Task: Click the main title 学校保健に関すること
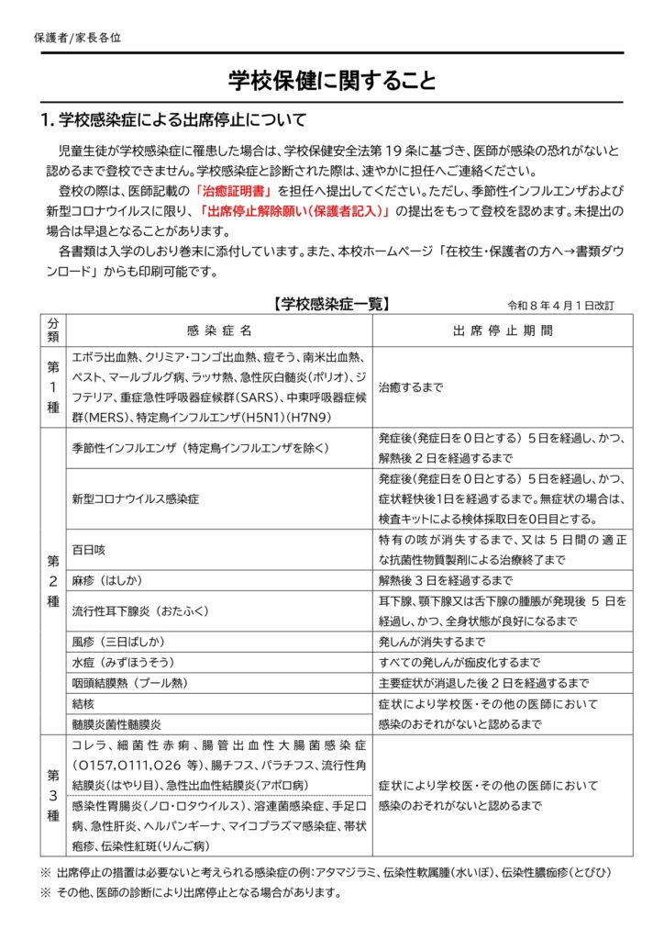331,81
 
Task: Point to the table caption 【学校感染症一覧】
332,304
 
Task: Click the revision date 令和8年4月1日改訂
560,305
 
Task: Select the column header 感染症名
219,330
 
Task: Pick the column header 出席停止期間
502,330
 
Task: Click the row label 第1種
53,386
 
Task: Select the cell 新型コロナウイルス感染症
136,499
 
